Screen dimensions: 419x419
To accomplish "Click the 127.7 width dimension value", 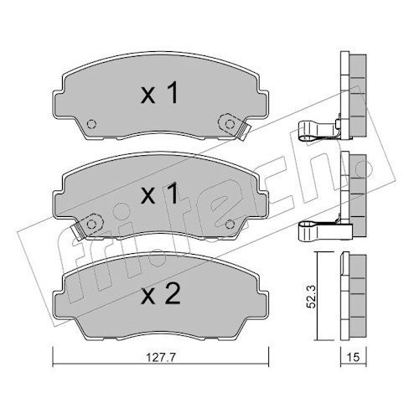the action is pos(161,357).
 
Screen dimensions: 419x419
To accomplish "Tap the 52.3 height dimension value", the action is pos(311,296).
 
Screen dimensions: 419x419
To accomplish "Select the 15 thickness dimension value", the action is pos(354,357).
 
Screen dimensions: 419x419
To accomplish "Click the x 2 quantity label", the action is pos(161,295).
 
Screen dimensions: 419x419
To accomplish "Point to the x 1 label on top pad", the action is pos(159,93).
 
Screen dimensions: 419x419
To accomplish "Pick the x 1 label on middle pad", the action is pos(159,194).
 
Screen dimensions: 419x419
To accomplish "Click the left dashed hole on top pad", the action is pos(91,124).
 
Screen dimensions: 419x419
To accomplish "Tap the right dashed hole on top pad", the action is pos(230,124).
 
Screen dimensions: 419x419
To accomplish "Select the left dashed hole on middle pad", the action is pos(91,224).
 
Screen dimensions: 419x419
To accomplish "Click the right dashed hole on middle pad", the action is pos(230,224).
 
